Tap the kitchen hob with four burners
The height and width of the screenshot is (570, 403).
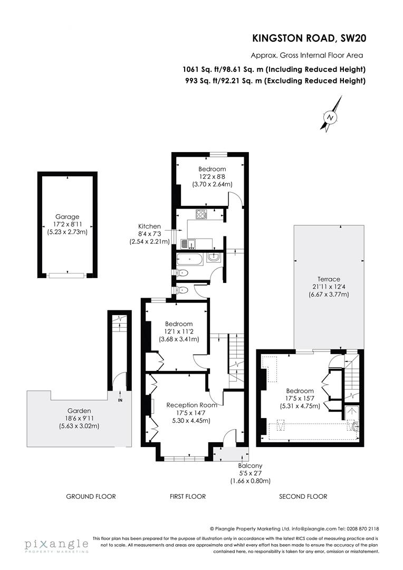201,214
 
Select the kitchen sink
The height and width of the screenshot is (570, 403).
188,243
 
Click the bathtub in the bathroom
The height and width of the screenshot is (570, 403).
189,259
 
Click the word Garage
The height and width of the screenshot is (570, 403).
67,216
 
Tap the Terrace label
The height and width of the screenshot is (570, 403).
329,279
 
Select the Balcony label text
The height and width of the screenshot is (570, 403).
250,466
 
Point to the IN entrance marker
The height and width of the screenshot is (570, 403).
120,400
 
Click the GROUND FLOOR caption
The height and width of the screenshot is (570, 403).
91,496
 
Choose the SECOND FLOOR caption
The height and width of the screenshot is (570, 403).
303,496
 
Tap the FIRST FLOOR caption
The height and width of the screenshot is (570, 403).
188,496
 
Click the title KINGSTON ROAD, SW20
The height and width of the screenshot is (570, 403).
309,38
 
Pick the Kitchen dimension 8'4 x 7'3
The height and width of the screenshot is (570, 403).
149,234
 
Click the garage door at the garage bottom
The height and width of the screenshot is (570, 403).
66,274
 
